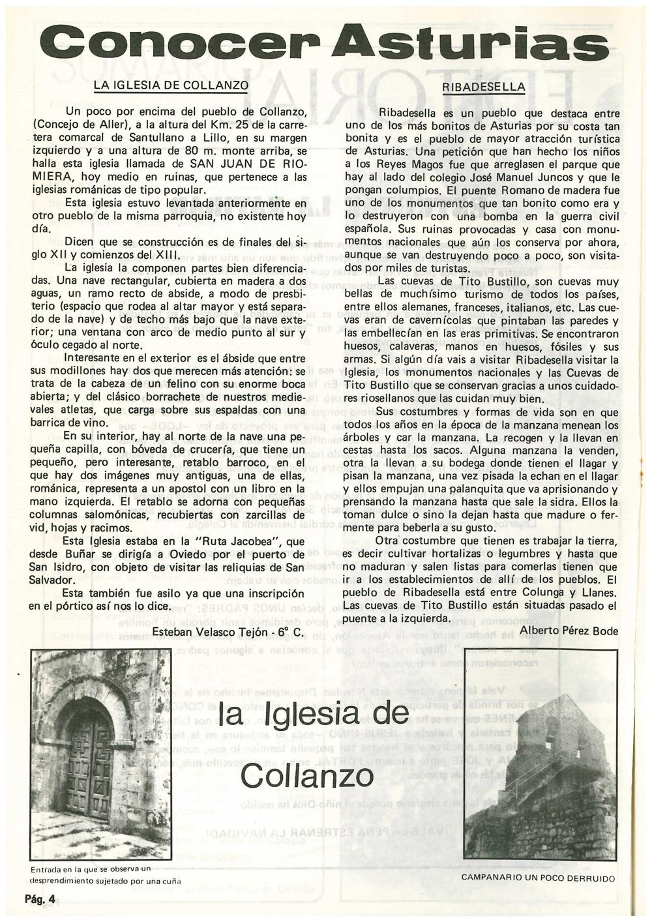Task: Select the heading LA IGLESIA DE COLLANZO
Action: tap(171, 85)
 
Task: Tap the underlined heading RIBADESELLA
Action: tap(484, 86)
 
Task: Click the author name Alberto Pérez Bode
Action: tap(569, 630)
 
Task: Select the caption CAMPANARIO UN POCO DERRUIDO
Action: tap(538, 878)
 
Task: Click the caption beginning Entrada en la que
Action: tap(91, 873)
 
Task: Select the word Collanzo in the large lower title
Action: tap(307, 775)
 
